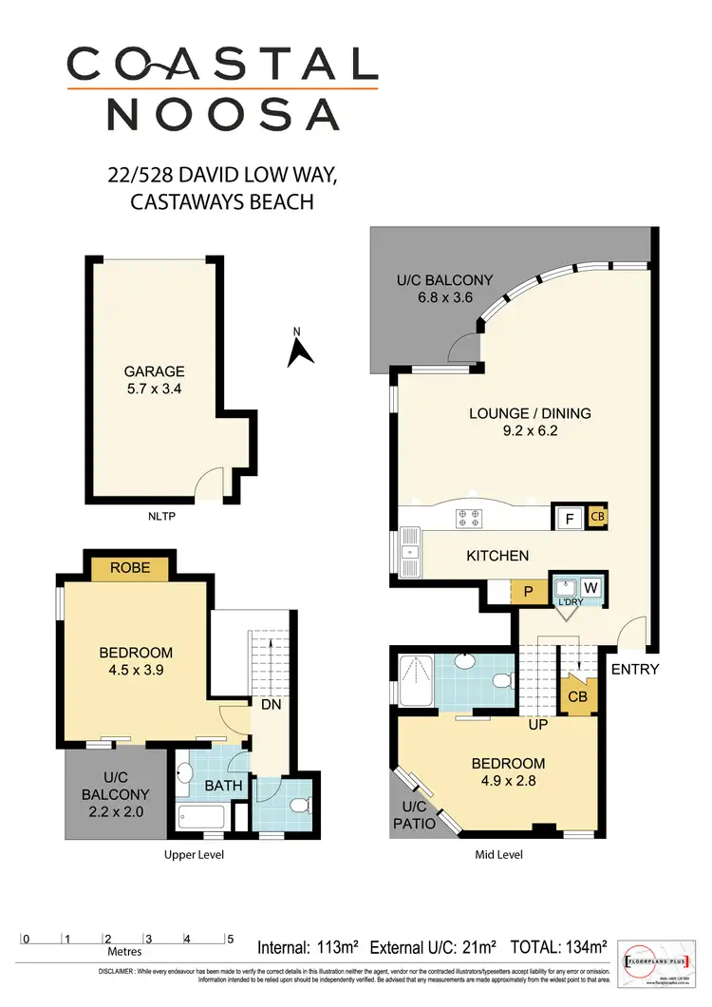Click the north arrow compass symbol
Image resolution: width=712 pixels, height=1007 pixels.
[301, 351]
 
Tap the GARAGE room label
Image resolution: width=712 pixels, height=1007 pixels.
[154, 371]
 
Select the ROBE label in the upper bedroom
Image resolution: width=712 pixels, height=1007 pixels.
[129, 569]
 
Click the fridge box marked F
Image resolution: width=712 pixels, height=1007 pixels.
[570, 518]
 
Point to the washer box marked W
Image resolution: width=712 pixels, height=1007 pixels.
[589, 587]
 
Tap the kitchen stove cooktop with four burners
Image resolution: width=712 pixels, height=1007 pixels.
[468, 518]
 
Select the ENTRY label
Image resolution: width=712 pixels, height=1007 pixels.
[635, 669]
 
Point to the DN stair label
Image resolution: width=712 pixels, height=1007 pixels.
[271, 704]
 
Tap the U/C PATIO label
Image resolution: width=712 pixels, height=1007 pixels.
[414, 815]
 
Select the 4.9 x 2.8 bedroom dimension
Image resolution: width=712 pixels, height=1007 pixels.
[508, 783]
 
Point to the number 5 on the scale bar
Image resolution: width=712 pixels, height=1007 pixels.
[229, 939]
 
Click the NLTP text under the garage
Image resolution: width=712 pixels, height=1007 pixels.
[163, 518]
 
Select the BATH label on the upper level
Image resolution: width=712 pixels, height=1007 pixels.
[225, 786]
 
